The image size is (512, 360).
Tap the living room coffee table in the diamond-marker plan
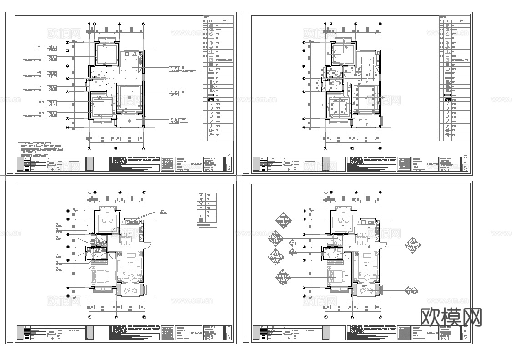(x=367, y=265)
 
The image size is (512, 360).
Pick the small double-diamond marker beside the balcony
(x=411, y=290)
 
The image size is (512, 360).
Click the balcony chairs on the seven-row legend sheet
(x=132, y=290)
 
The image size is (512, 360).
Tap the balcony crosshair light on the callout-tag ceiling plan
(x=130, y=120)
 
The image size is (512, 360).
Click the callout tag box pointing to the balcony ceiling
(x=175, y=121)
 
